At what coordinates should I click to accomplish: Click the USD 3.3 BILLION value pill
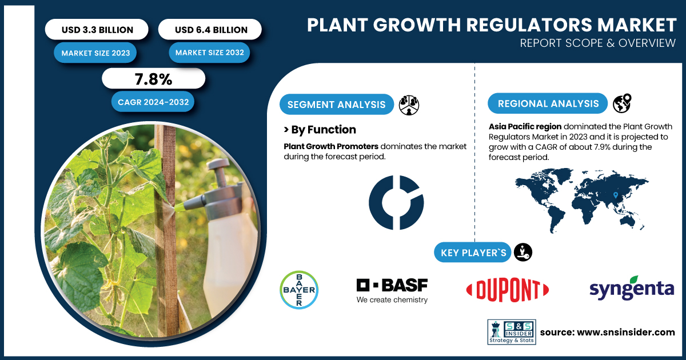click(x=97, y=29)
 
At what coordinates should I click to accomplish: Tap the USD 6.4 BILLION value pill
click(x=210, y=29)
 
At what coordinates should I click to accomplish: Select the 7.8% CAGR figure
click(x=153, y=79)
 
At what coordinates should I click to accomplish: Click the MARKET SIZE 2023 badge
click(x=95, y=53)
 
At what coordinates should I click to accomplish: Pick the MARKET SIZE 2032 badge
click(x=209, y=53)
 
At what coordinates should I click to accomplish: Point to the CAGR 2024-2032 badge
click(x=153, y=102)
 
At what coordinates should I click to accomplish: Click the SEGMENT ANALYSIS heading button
click(x=337, y=105)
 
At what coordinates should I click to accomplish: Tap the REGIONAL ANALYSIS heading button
click(x=548, y=103)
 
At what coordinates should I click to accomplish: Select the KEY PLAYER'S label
click(x=473, y=253)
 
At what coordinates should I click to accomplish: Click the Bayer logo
click(x=299, y=290)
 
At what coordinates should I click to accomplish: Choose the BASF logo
click(x=392, y=290)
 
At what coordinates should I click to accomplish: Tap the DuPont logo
click(x=508, y=290)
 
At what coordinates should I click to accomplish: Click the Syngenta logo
click(x=632, y=288)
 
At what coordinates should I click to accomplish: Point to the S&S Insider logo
click(x=512, y=332)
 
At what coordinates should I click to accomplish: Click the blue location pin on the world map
click(x=616, y=195)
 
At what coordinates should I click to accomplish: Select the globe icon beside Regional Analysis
click(x=622, y=103)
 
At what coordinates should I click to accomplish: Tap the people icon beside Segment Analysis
click(x=409, y=105)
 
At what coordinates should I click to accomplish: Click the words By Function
click(x=324, y=130)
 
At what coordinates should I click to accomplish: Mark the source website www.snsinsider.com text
click(x=625, y=332)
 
